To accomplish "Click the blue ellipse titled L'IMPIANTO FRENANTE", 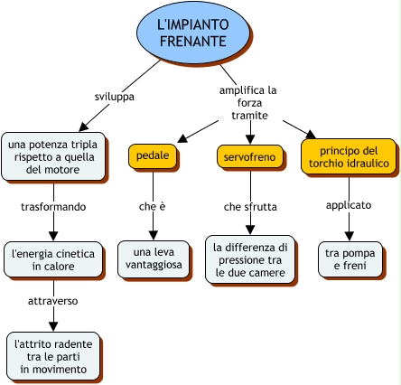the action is [x=193, y=33].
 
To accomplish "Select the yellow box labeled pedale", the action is [x=153, y=156].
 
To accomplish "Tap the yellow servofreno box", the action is [x=250, y=156].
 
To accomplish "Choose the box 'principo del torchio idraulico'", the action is [x=349, y=156].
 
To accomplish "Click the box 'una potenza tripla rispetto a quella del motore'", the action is [x=53, y=156].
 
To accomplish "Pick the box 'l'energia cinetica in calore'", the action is [x=53, y=259].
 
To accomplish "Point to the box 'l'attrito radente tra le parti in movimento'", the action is [x=53, y=356].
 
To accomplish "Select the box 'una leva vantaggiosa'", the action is [x=154, y=259].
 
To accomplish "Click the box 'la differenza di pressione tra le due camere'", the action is [x=250, y=259].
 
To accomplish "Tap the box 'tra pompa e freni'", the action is [x=350, y=259].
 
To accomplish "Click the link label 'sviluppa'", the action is [x=115, y=97].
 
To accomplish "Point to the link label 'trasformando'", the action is [x=53, y=207].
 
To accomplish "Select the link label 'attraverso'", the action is [x=53, y=301].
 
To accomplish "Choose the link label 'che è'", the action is [x=153, y=207].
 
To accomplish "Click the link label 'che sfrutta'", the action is [x=250, y=207].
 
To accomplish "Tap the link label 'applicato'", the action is [x=349, y=205].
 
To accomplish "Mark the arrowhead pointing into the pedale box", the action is [x=182, y=138].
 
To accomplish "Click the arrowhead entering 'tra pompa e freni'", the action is [x=350, y=236].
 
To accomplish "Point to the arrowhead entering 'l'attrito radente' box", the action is [x=53, y=327].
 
